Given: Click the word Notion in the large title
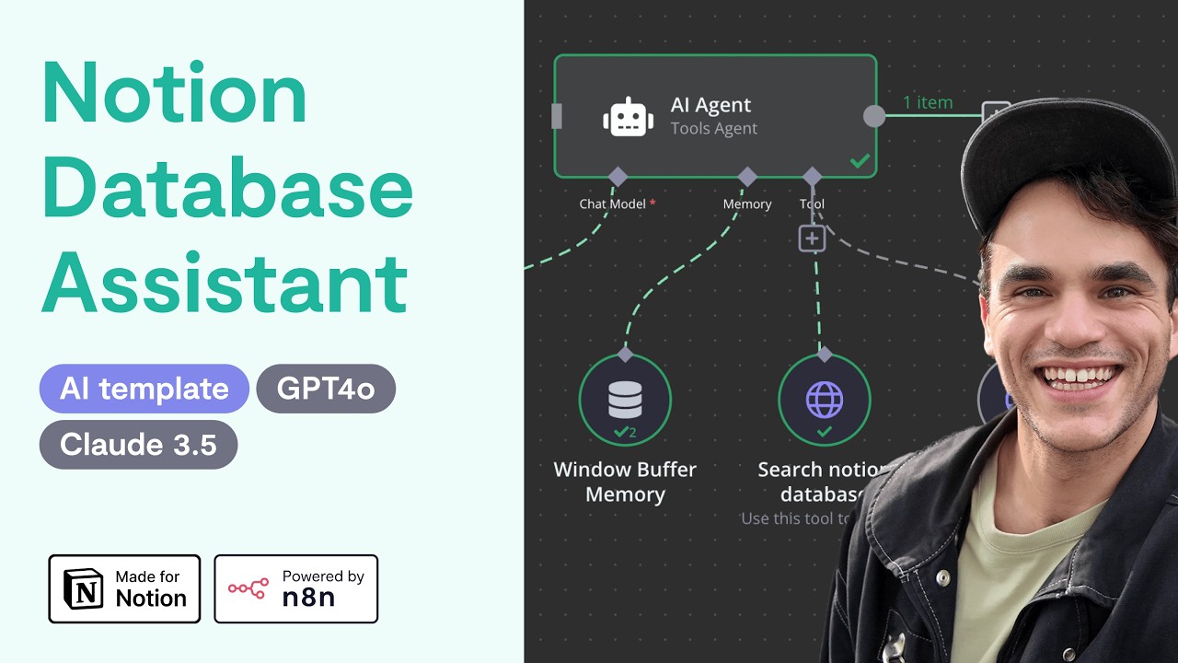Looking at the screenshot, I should tap(175, 94).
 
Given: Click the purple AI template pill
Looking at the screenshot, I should tap(144, 389).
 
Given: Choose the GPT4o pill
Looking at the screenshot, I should tap(326, 389).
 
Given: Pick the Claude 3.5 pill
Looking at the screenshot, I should tap(138, 445).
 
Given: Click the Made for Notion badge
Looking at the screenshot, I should tap(124, 588).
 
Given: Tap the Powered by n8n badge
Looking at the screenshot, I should tap(295, 588).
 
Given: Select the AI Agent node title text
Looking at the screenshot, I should tap(710, 105).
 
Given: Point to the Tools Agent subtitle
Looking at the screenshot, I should tap(713, 129).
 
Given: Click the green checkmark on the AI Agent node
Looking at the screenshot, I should tap(860, 161).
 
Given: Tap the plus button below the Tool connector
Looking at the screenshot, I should tap(811, 238).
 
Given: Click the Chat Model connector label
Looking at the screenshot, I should tap(613, 204).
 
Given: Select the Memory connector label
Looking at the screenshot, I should tap(746, 204).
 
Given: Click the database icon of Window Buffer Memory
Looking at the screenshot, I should tap(625, 399).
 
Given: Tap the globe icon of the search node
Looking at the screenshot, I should tap(824, 400).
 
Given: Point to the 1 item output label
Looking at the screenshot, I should tap(927, 102).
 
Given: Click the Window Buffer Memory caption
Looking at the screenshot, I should tap(625, 482).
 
